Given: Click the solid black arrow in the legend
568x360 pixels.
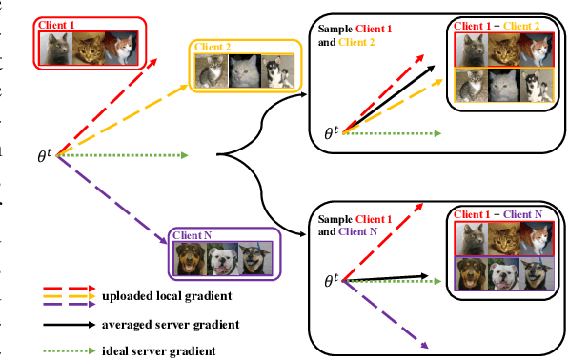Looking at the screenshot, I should coord(67,325).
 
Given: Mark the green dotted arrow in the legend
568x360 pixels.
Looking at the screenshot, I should coord(67,351).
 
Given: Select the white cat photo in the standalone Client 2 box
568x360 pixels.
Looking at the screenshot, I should coord(245,70).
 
